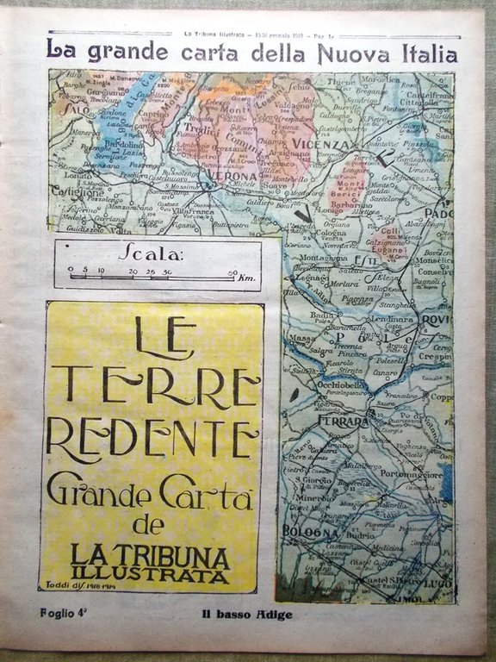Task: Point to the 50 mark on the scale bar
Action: click(232, 272)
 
